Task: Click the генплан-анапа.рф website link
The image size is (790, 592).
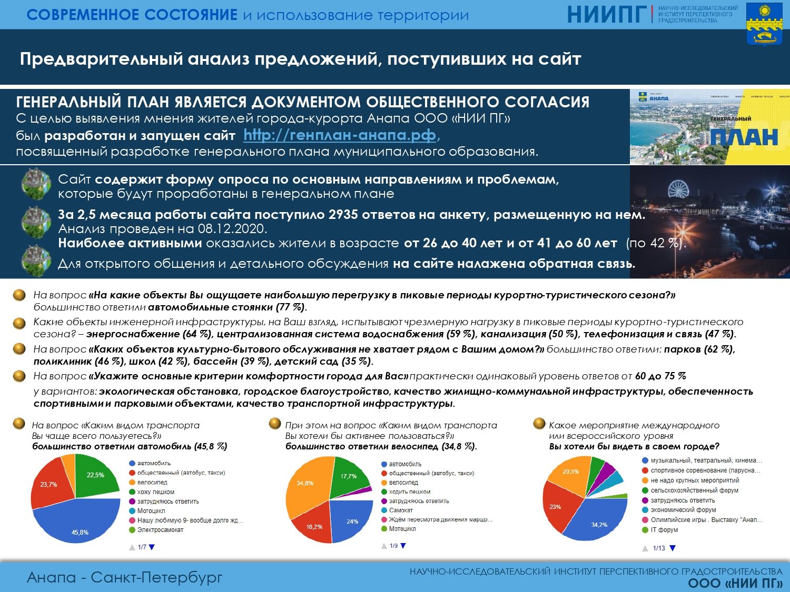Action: pos(340,135)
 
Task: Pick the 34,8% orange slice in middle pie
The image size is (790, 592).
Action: pos(305,483)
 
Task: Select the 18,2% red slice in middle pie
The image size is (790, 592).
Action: pos(315,525)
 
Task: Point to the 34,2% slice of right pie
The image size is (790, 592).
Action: pos(598,523)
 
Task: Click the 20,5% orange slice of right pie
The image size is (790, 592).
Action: pos(570,473)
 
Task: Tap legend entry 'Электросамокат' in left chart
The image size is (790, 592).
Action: pos(160,530)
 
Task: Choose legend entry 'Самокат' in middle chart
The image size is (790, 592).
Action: pos(401,510)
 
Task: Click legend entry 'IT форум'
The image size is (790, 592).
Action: pos(664,530)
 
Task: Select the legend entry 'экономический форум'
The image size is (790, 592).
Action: pos(683,510)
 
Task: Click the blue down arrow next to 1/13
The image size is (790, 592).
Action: pos(673,548)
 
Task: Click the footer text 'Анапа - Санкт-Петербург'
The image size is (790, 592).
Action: pos(125,577)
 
